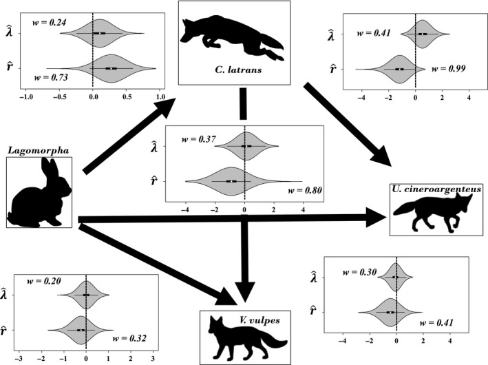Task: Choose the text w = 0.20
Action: tap(43, 282)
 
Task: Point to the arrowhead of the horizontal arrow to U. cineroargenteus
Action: tap(378, 218)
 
